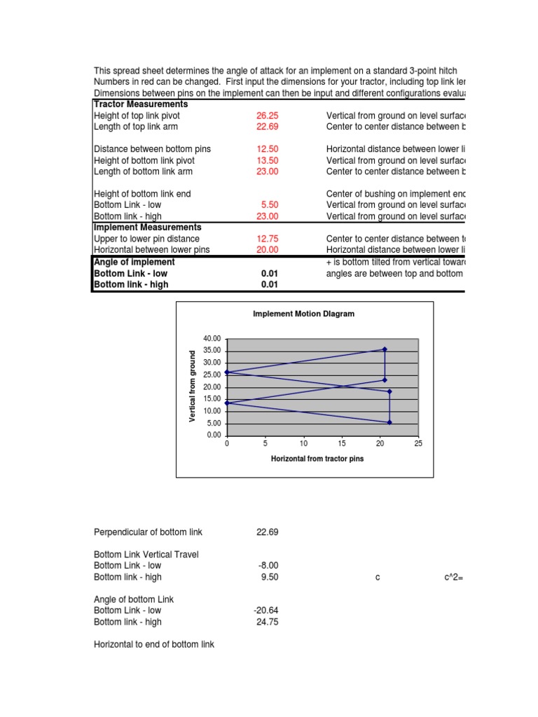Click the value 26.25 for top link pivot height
click(x=268, y=116)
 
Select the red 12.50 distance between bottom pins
click(x=268, y=149)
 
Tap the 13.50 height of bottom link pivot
click(x=268, y=160)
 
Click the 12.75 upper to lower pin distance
click(x=268, y=239)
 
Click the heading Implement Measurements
click(x=148, y=228)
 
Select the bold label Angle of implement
click(x=134, y=262)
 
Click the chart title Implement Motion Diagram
click(x=303, y=314)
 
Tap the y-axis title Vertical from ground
click(x=193, y=387)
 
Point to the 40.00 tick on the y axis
click(x=212, y=338)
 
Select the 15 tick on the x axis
click(x=342, y=444)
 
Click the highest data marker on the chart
click(x=384, y=349)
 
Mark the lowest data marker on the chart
click(x=389, y=422)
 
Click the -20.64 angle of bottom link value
click(x=266, y=611)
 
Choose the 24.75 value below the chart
click(x=268, y=622)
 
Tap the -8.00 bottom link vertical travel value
click(x=268, y=566)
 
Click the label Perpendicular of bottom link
click(x=148, y=532)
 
